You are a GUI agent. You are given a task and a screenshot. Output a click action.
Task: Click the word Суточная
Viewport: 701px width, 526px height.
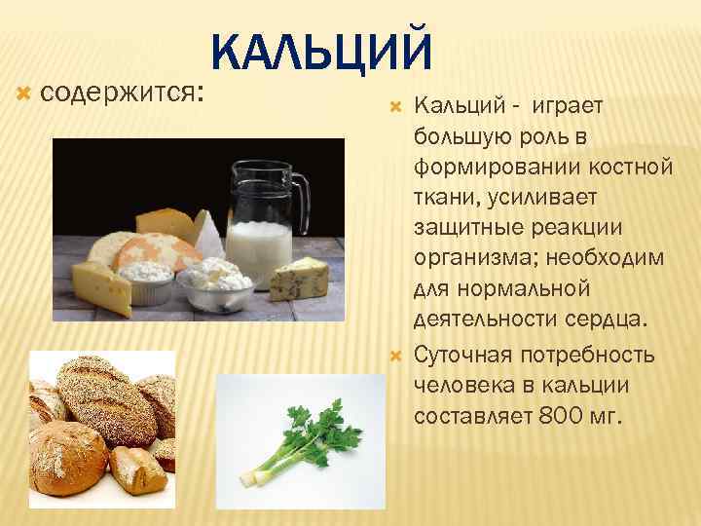click(x=460, y=354)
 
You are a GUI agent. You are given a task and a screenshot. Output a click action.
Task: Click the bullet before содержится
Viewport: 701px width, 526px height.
click(x=26, y=94)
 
